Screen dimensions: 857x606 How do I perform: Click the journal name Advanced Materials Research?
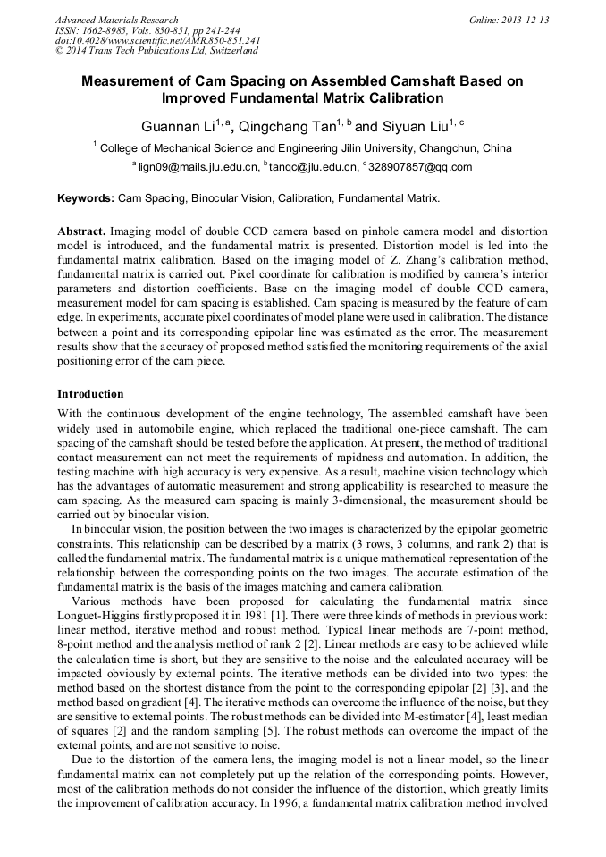(117, 20)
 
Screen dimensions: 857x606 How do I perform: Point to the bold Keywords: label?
(86, 197)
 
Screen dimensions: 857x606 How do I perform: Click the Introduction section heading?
(90, 394)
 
